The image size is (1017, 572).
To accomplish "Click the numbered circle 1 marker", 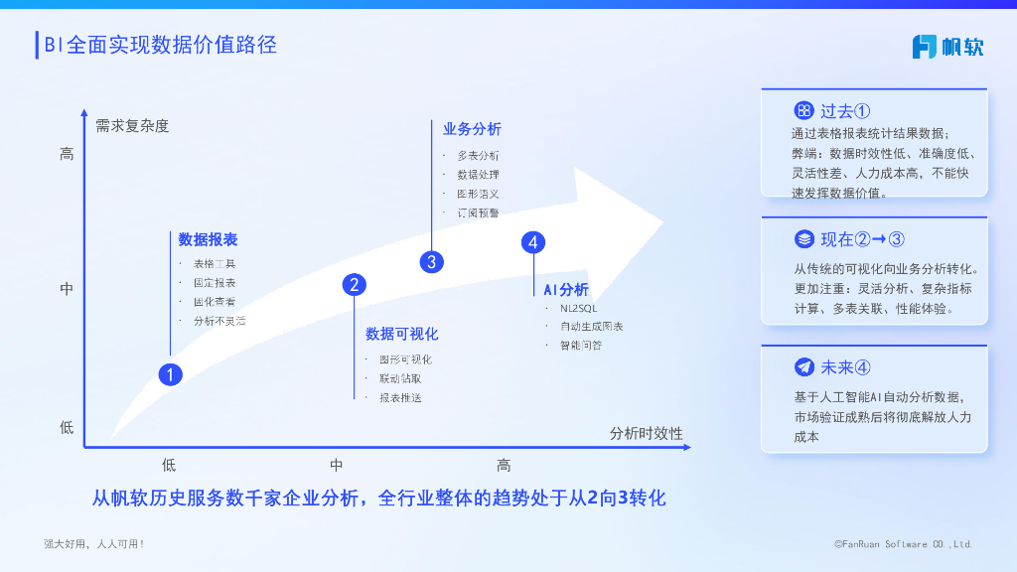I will [171, 374].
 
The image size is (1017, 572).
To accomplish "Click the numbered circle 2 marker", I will [355, 285].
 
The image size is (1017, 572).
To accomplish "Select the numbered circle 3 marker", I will [431, 262].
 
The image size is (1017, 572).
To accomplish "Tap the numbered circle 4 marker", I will [533, 242].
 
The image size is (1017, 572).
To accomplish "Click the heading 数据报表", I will [208, 239].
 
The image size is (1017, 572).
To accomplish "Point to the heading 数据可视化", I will [401, 334].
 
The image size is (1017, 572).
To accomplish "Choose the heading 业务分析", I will [472, 129].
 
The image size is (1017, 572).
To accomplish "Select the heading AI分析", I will [566, 289].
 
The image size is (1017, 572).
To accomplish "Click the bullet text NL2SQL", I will [578, 308].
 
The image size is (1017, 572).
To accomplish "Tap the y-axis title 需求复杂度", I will [132, 126].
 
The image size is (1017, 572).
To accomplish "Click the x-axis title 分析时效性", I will [646, 433].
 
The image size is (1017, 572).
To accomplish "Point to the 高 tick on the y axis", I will [67, 154].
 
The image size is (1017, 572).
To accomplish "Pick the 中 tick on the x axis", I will [337, 465].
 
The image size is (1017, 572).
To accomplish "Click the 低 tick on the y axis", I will [67, 427].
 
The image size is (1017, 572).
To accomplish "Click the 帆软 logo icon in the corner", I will [925, 46].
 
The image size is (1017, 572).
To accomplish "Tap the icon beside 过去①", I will [804, 110].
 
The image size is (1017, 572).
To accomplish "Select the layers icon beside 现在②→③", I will [804, 239].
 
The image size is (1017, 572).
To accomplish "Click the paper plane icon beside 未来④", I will [804, 367].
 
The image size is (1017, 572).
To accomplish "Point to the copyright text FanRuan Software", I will [903, 544].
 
